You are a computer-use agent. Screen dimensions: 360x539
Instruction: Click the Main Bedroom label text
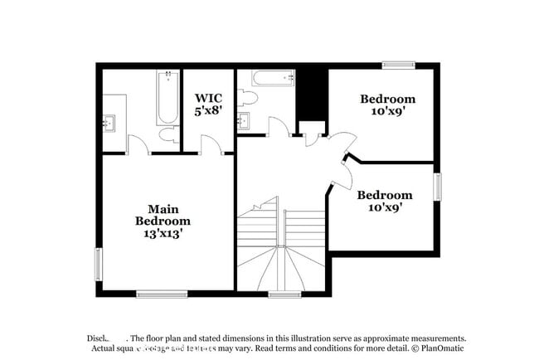pos(163,215)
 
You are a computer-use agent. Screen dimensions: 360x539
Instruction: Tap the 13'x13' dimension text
pos(163,234)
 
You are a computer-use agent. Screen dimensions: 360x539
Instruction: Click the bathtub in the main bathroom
pos(168,98)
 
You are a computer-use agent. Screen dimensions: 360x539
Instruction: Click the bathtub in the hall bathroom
pos(274,80)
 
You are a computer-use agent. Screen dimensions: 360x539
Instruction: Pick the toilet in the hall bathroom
pos(247,99)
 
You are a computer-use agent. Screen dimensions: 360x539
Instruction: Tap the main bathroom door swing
pos(139,145)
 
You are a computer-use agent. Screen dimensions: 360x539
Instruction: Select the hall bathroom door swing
pos(278,127)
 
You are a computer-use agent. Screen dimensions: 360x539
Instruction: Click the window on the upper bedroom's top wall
pos(398,66)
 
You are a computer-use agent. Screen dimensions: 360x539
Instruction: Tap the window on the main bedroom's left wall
pos(99,263)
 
